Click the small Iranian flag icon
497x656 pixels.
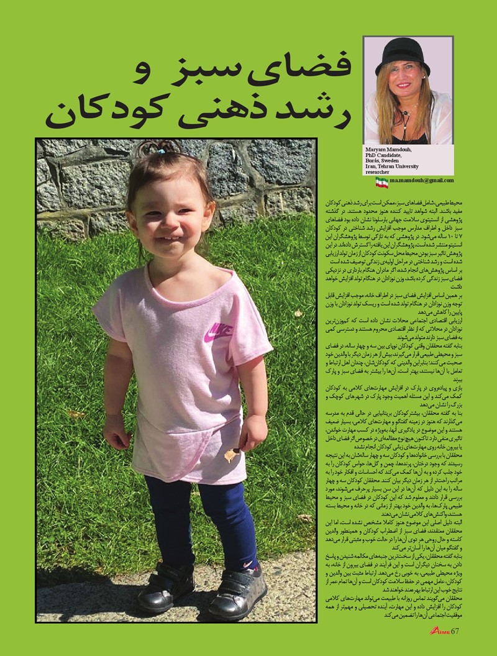click(381, 181)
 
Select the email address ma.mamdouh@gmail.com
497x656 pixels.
click(422, 181)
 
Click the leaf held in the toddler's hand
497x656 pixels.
click(231, 455)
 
